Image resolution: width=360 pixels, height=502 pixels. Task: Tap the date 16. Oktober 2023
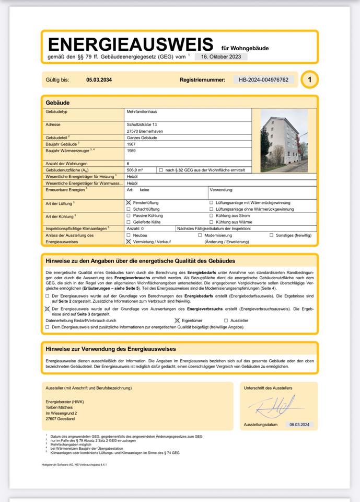tap(220, 56)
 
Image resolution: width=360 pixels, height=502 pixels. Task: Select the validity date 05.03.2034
tap(99, 80)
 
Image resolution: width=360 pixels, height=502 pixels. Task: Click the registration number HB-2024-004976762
tap(263, 80)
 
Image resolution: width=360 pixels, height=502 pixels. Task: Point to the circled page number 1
tap(310, 80)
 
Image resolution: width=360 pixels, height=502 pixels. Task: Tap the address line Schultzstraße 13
tap(142, 124)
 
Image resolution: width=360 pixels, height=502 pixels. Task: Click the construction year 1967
tap(131, 144)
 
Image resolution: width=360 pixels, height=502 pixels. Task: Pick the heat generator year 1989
tap(131, 151)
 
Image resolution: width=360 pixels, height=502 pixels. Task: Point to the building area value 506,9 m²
tap(135, 170)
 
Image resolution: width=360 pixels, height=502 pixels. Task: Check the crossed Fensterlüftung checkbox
tap(129, 202)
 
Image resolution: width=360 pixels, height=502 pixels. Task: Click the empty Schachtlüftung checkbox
tap(129, 209)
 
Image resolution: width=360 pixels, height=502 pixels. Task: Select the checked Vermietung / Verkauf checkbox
tap(129, 242)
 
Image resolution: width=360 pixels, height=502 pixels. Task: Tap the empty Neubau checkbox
tap(129, 235)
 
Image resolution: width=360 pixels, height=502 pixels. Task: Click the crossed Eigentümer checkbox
tap(177, 320)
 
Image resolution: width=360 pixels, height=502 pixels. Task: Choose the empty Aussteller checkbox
tap(226, 320)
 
